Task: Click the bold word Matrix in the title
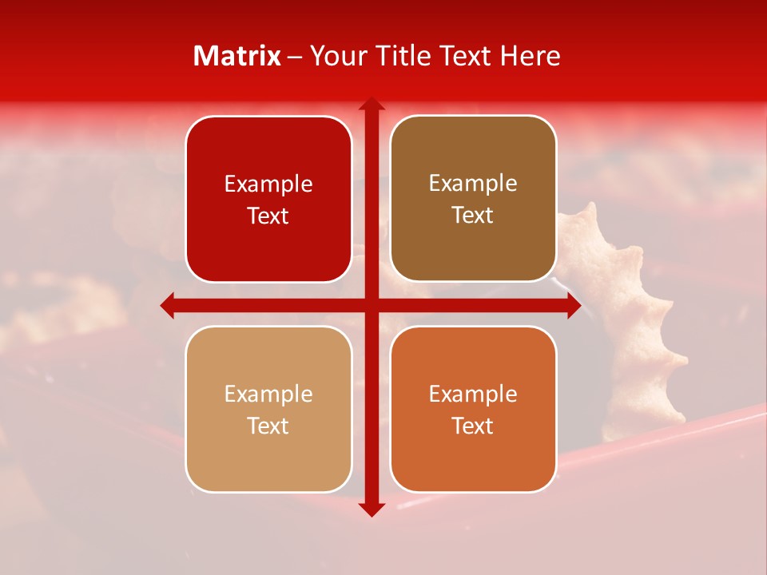pos(237,56)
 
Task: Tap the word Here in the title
pos(530,56)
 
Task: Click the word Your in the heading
pos(336,56)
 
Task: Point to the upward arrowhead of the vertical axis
pos(371,104)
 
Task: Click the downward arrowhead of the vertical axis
pos(371,509)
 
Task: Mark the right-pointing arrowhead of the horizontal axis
pos(574,305)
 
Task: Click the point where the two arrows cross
pos(371,305)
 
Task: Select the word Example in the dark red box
pos(268,184)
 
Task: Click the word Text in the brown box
pos(473,216)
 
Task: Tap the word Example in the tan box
pos(268,394)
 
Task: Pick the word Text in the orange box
pos(473,426)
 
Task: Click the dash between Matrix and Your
pos(295,57)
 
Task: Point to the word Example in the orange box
pos(473,394)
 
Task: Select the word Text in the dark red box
pos(268,216)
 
